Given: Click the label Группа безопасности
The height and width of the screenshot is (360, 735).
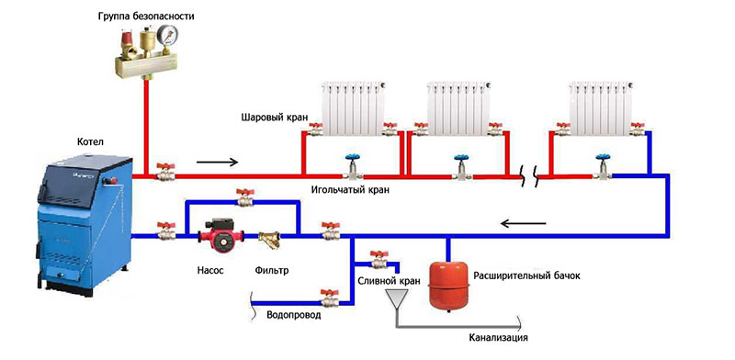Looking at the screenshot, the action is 146,17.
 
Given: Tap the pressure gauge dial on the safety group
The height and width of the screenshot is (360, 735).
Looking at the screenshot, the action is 167,35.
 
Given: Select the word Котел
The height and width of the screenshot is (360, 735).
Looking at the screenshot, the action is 89,141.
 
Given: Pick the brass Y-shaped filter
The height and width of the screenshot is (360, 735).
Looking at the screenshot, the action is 269,238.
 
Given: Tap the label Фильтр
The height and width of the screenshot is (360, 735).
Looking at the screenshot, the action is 272,271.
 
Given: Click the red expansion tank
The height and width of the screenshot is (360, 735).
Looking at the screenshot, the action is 448,287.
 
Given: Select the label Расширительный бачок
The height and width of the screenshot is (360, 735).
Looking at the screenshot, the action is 526,276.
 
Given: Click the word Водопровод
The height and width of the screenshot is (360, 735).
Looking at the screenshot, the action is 294,315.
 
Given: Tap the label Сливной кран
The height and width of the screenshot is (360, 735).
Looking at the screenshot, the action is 389,281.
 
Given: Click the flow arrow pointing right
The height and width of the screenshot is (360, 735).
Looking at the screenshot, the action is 218,163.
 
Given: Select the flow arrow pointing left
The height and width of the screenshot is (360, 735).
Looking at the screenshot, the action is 523,223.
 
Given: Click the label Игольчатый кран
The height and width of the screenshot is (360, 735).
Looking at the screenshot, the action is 350,191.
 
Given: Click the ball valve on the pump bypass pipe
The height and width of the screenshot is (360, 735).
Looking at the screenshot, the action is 244,197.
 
